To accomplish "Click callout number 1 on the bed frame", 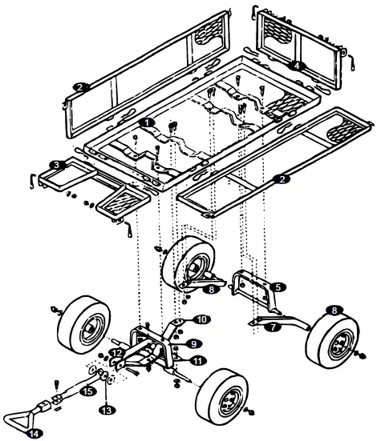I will coord(146,123).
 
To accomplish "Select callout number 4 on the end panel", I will coord(297,66).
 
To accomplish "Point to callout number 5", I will coord(277,286).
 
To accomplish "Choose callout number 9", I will coord(193,343).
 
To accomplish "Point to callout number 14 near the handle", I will coord(32,433).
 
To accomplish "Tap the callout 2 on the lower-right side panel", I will coord(281,179).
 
